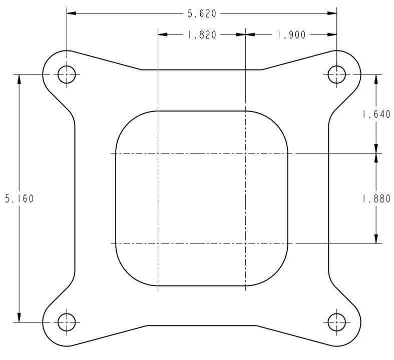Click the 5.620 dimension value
click(x=202, y=14)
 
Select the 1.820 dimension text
click(x=202, y=35)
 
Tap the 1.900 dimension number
click(x=291, y=35)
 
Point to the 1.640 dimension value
click(x=376, y=114)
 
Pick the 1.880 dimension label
click(x=376, y=198)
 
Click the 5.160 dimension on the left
click(x=19, y=198)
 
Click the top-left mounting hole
click(x=67, y=75)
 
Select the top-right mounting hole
click(x=336, y=75)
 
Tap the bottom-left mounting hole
click(x=67, y=322)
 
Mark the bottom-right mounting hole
click(x=336, y=322)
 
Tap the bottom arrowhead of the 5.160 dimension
click(x=19, y=318)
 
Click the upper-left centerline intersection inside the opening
click(x=158, y=153)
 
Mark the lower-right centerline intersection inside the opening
click(x=245, y=243)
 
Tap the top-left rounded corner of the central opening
click(x=125, y=120)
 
